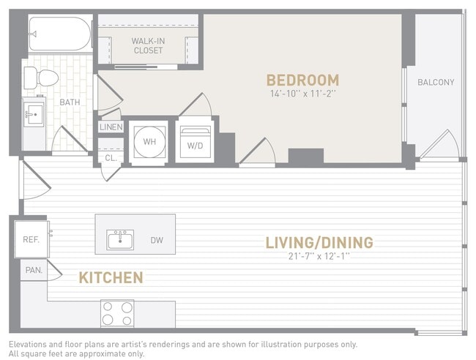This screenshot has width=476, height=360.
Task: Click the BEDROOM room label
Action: [x=302, y=80]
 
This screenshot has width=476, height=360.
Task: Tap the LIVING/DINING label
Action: [x=319, y=242]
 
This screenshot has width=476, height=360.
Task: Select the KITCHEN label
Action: [x=111, y=277]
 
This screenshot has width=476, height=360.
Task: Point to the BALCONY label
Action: [x=436, y=83]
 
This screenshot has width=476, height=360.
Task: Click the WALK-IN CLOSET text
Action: [x=147, y=45]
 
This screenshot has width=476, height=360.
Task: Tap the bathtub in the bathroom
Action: [x=59, y=33]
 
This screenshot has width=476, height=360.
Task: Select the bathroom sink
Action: [x=33, y=113]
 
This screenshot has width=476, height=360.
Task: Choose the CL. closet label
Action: [x=110, y=157]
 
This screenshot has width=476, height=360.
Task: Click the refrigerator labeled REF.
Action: [x=31, y=239]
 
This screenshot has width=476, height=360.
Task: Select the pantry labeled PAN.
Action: [x=34, y=270]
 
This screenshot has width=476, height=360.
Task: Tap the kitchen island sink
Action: [x=119, y=239]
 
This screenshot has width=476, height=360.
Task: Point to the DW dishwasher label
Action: [x=157, y=240]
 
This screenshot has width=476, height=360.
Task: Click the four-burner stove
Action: [x=117, y=313]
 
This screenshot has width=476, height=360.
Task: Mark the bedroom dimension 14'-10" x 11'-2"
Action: [x=302, y=94]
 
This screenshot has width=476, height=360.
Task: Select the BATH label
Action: [x=70, y=102]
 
